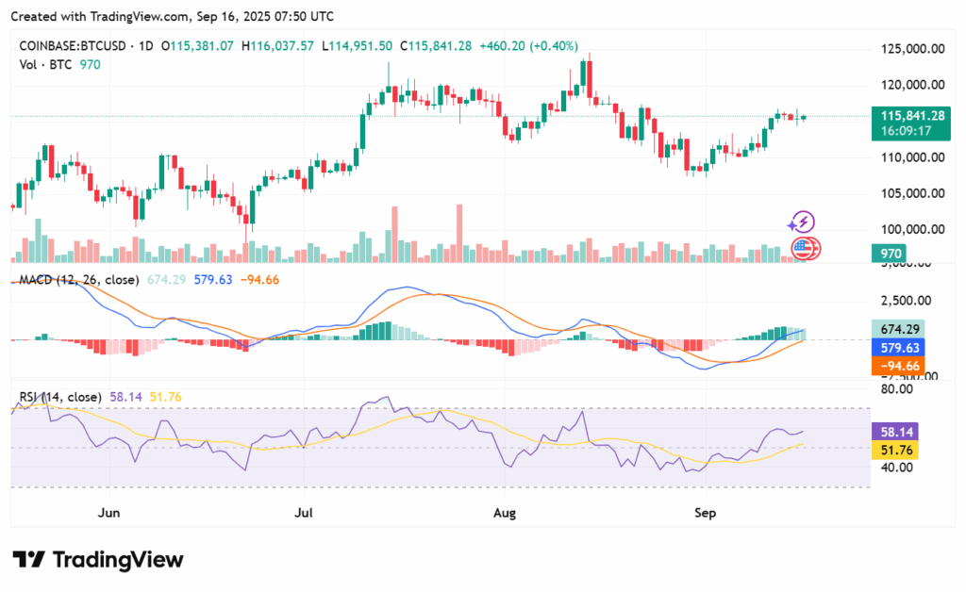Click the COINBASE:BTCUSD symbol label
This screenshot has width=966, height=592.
[x=76, y=45]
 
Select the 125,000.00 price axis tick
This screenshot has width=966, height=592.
[x=912, y=48]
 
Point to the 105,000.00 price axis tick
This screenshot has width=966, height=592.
[x=912, y=192]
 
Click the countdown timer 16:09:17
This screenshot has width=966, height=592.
[x=906, y=131]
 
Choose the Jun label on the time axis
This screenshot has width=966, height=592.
[x=109, y=513]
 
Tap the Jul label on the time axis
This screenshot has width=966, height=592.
[x=304, y=513]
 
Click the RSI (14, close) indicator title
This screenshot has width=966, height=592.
[x=58, y=398]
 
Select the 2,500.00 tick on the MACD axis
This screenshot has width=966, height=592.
[x=912, y=301]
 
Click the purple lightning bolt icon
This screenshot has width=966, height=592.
[x=801, y=222]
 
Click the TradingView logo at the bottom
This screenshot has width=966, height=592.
[x=97, y=559]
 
